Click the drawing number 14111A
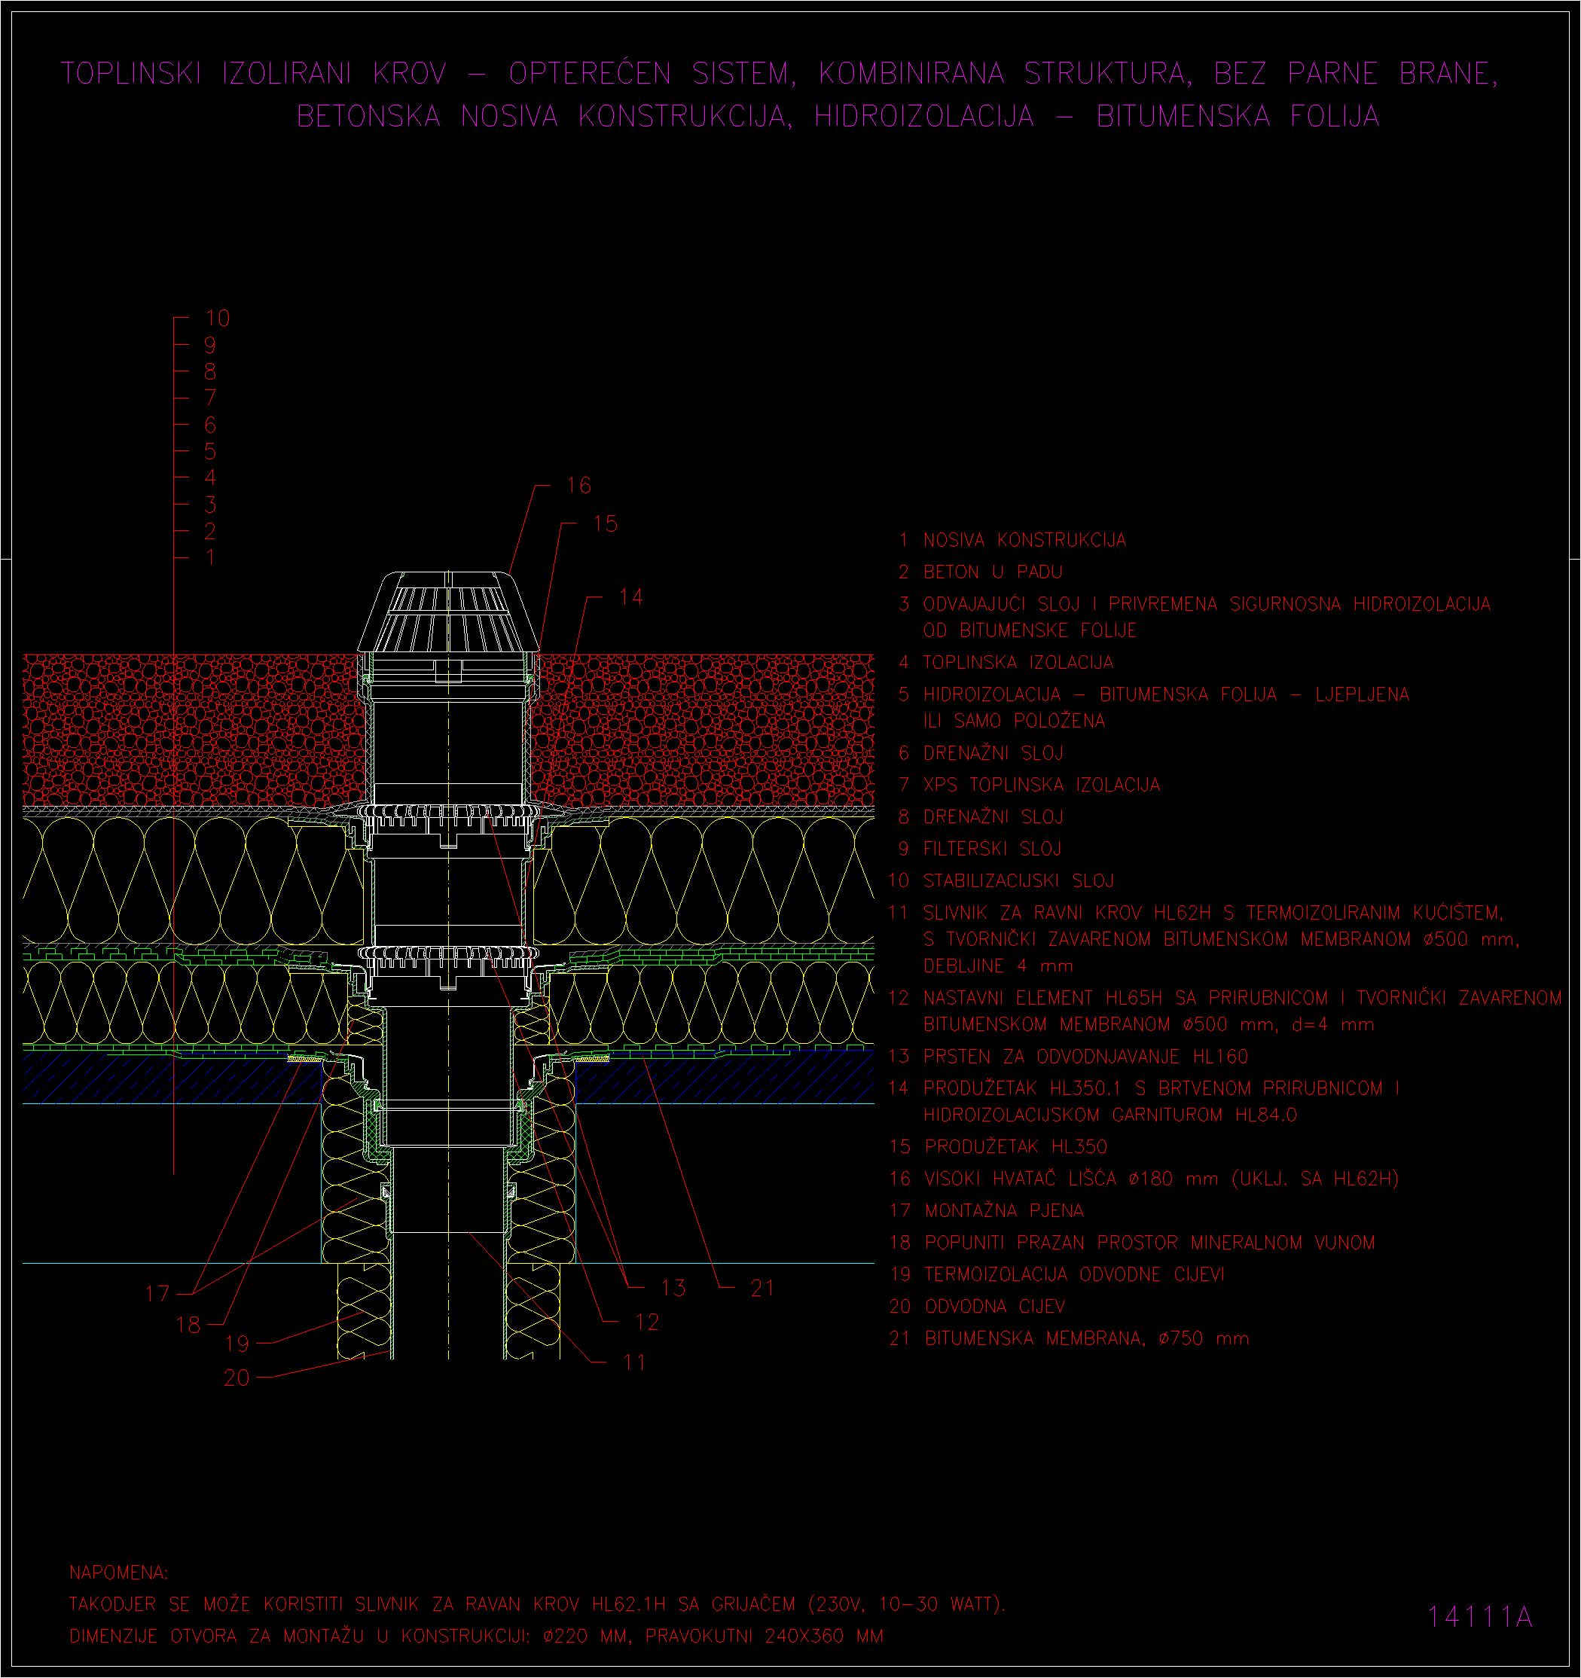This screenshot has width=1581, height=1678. (x=1479, y=1616)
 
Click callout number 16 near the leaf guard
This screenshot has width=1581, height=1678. (x=579, y=485)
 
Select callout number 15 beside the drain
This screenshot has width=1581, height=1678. (x=606, y=523)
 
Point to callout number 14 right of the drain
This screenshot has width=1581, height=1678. (x=631, y=596)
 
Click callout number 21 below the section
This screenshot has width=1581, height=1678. (x=762, y=1288)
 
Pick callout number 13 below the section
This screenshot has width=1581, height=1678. (x=673, y=1288)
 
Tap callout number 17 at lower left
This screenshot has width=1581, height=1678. (x=158, y=1294)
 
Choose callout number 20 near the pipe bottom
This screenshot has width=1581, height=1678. (x=237, y=1377)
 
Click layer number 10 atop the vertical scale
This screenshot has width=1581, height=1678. (x=218, y=319)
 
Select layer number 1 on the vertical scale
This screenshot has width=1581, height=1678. (x=210, y=558)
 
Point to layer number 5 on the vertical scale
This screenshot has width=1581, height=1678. (x=210, y=452)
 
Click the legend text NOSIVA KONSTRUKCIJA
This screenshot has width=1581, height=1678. (x=1024, y=540)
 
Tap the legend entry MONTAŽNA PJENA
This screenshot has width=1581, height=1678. (x=1005, y=1210)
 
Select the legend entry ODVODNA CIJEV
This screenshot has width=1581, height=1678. (x=995, y=1307)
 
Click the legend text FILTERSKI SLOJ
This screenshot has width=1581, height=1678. (x=993, y=849)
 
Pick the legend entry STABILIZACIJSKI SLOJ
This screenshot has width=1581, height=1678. (x=1019, y=881)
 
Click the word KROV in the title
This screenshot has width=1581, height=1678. (x=411, y=74)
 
